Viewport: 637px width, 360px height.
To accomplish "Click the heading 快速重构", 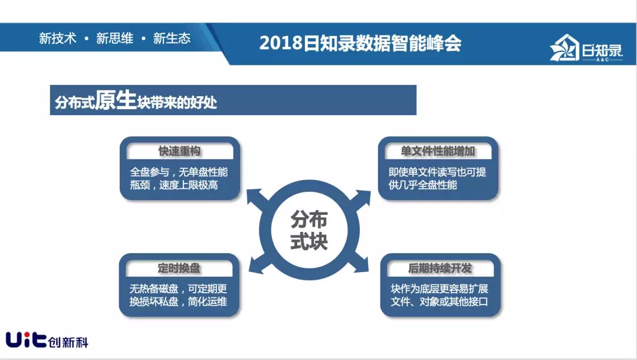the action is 179,151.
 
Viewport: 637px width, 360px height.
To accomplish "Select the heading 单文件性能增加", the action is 438,151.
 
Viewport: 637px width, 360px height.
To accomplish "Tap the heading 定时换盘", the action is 179,268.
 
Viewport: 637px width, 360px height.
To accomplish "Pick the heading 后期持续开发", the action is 440,268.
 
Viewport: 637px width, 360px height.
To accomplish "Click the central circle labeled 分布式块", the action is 309,230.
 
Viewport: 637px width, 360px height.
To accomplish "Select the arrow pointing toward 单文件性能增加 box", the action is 359,201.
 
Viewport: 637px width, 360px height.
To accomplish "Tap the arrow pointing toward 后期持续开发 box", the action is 357,261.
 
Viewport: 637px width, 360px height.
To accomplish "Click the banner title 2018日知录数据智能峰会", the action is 360,42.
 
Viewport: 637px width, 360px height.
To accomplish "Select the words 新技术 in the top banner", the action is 58,38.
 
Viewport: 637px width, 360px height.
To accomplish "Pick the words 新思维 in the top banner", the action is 114,38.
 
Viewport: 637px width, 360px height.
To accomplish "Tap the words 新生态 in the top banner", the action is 172,38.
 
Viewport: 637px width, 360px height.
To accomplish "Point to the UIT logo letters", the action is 26,339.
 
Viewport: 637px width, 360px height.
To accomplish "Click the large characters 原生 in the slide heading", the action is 116,100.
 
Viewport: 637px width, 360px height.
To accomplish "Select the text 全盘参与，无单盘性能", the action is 179,172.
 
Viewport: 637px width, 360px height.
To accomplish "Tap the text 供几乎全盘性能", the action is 422,185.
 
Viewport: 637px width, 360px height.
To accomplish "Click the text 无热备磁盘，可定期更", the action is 178,289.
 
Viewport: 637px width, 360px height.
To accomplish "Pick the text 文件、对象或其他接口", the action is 439,302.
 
